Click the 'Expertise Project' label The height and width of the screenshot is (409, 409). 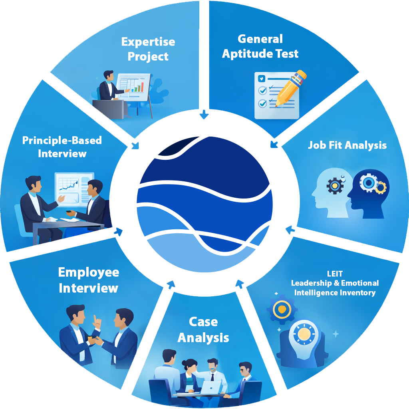coord(148,49)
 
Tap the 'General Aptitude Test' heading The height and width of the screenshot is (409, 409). coord(260,46)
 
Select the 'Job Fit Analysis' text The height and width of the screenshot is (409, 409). coord(347,145)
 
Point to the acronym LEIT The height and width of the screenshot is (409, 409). coord(335,274)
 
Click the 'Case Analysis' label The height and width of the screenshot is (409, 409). coord(203,330)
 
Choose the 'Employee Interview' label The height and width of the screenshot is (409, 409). coord(88,280)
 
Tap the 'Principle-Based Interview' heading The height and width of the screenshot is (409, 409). coord(62,147)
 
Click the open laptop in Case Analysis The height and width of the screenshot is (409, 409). coord(211,387)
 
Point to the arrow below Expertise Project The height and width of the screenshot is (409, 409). coord(204,115)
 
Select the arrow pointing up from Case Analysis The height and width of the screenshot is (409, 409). coord(240,284)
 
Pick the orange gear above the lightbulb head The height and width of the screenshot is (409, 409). coord(282,309)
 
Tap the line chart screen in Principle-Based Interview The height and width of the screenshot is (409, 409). coord(74,186)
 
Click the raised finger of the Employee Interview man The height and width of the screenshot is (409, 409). coord(95,318)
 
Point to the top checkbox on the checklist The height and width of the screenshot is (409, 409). coord(262,78)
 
